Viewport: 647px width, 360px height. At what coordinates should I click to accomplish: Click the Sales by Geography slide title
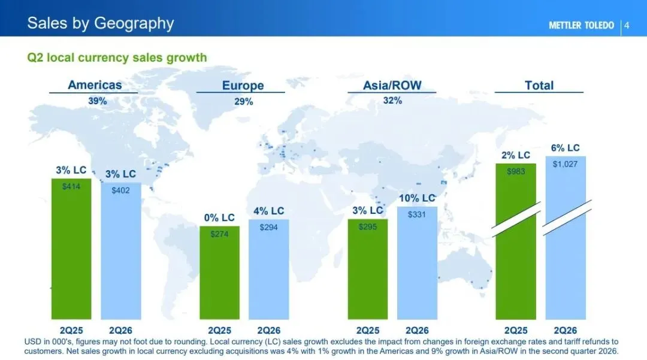pyautogui.click(x=101, y=23)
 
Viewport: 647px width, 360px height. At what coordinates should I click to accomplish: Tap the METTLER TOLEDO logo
pyautogui.click(x=581, y=26)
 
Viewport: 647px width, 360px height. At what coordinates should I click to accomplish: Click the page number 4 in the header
pyautogui.click(x=627, y=26)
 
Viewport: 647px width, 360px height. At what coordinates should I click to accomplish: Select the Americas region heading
pyautogui.click(x=95, y=85)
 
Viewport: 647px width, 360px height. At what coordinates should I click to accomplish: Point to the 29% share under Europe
pyautogui.click(x=243, y=101)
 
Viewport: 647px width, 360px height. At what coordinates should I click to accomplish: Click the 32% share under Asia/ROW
pyautogui.click(x=392, y=101)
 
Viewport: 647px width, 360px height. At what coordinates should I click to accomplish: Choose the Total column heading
pyautogui.click(x=539, y=86)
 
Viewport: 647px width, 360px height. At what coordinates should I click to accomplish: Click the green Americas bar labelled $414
pyautogui.click(x=71, y=249)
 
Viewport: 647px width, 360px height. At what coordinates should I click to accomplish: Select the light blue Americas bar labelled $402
pyautogui.click(x=121, y=251)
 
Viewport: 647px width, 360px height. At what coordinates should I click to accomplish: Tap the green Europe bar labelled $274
pyautogui.click(x=219, y=273)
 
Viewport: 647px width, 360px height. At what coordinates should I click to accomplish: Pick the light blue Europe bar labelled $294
pyautogui.click(x=268, y=270)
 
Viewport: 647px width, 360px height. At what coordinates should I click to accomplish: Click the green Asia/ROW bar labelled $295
pyautogui.click(x=368, y=269)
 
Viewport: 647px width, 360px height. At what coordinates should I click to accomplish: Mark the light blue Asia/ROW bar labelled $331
pyautogui.click(x=417, y=263)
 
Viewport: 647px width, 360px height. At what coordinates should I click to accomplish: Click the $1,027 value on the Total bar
pyautogui.click(x=566, y=164)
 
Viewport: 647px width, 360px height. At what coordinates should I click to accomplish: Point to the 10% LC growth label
pyautogui.click(x=417, y=198)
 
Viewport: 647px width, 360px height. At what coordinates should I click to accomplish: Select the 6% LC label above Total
pyautogui.click(x=566, y=148)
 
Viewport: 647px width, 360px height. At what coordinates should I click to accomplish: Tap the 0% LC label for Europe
pyautogui.click(x=219, y=217)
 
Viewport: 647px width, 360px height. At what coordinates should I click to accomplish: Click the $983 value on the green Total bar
pyautogui.click(x=516, y=171)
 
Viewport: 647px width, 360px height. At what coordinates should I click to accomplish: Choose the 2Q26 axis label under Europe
pyautogui.click(x=268, y=330)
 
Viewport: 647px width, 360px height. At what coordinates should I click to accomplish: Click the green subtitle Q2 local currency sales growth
pyautogui.click(x=117, y=58)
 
